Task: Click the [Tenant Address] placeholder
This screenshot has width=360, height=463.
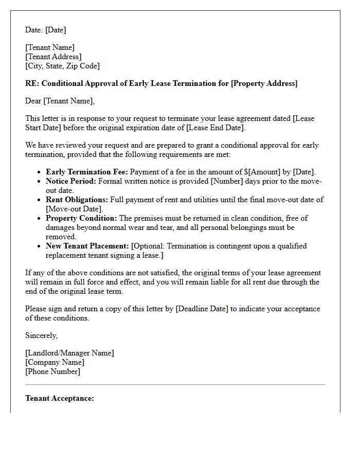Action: coord(53,57)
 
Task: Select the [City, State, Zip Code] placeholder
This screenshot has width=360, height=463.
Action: coord(62,66)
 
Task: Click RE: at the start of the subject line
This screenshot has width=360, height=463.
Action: coord(31,83)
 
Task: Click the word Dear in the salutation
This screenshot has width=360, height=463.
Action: coord(33,101)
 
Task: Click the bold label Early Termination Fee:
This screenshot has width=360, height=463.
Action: coord(87,172)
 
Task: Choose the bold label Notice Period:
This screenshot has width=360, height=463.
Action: coord(71,181)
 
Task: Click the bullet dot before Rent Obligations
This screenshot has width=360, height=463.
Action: coord(40,200)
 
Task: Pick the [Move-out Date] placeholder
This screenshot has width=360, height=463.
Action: coord(75,209)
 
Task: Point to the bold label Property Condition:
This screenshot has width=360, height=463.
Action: coord(81,218)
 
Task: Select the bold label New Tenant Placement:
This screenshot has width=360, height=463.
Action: coord(87,246)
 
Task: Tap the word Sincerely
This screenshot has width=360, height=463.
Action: coord(42,335)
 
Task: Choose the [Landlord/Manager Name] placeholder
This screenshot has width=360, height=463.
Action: coord(69,353)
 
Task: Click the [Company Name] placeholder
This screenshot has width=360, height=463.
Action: coord(55,362)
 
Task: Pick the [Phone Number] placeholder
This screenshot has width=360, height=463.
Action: coord(52,371)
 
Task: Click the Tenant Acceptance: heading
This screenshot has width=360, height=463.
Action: coord(60,398)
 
